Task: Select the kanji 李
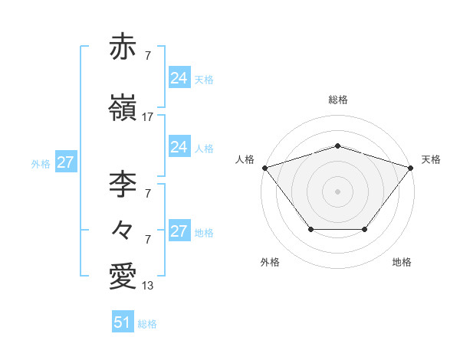[123, 185]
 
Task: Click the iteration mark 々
[123, 228]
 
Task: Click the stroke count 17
[148, 117]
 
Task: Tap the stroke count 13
[148, 286]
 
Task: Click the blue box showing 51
[122, 322]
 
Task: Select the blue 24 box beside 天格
[179, 77]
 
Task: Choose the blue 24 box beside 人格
[179, 147]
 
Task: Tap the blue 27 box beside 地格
[179, 231]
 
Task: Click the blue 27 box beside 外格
[65, 162]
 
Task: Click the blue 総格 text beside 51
[147, 324]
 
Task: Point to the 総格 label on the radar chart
[337, 100]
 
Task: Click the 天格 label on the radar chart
[431, 159]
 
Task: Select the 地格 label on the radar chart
[402, 262]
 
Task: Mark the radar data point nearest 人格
[264, 168]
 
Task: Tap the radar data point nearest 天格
[411, 168]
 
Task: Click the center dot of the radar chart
[337, 191]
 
